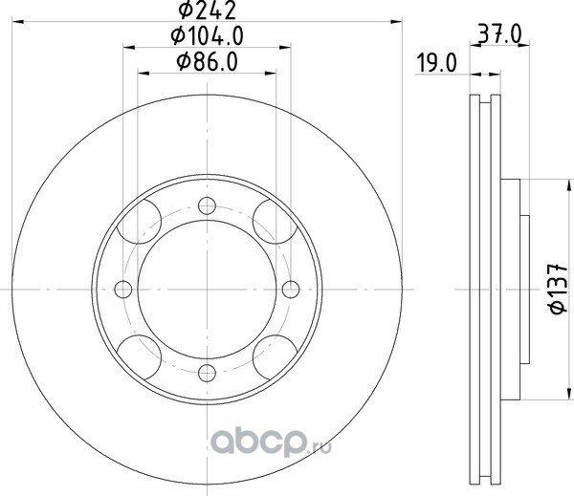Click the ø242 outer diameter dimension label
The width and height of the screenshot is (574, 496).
click(207, 11)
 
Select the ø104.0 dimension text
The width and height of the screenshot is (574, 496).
click(207, 36)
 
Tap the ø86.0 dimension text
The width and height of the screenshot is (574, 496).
click(207, 61)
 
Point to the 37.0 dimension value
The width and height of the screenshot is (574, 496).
click(499, 35)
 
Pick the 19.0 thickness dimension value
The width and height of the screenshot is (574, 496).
click(437, 63)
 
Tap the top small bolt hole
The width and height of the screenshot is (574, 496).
click(207, 205)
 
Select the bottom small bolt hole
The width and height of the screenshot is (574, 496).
click(207, 373)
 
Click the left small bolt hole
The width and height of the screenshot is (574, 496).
click(123, 290)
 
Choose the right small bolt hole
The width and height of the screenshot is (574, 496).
click(291, 290)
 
